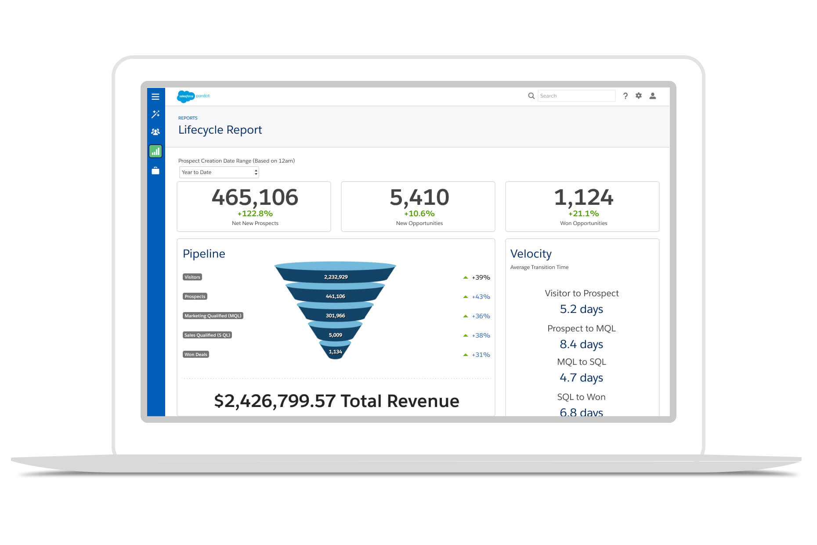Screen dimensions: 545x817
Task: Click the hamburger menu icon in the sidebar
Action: (155, 97)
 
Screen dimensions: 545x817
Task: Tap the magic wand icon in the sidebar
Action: (155, 114)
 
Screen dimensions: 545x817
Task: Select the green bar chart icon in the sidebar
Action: (155, 152)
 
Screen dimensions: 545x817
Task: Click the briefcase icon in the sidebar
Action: (155, 171)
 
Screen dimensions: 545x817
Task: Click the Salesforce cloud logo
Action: (185, 96)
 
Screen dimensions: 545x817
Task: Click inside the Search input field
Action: (576, 96)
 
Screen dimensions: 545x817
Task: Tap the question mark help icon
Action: (625, 96)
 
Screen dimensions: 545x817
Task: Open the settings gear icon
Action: (639, 96)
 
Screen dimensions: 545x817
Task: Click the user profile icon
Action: (653, 96)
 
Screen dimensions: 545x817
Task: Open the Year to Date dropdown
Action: (219, 172)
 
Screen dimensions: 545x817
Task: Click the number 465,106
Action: (255, 197)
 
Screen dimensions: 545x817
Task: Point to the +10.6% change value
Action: (419, 214)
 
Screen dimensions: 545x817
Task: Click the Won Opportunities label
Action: (583, 223)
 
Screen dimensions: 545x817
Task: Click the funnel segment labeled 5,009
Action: (336, 335)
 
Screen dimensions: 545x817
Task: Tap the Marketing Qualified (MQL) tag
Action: (213, 316)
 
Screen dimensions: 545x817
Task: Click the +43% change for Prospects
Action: (481, 297)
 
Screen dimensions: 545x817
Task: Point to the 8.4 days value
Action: (581, 344)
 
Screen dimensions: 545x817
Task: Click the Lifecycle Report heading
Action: (220, 130)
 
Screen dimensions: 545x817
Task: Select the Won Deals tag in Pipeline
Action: (196, 354)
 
